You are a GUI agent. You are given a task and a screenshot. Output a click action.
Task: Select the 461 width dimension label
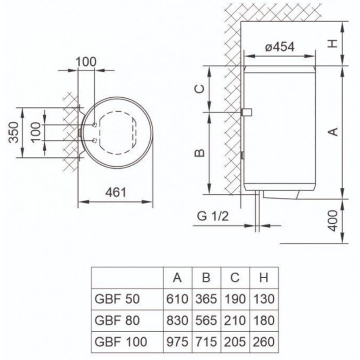(x=116, y=192)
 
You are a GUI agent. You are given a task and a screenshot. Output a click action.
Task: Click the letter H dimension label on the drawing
(x=334, y=44)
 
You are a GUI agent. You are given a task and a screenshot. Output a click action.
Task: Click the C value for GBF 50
(x=235, y=298)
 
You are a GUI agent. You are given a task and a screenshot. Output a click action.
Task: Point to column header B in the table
(x=206, y=278)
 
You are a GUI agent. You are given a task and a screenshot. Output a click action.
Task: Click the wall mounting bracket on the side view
(x=246, y=112)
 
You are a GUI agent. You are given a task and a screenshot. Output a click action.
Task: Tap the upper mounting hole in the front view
(x=95, y=125)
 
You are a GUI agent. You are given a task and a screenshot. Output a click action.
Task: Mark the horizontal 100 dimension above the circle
(x=86, y=61)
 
